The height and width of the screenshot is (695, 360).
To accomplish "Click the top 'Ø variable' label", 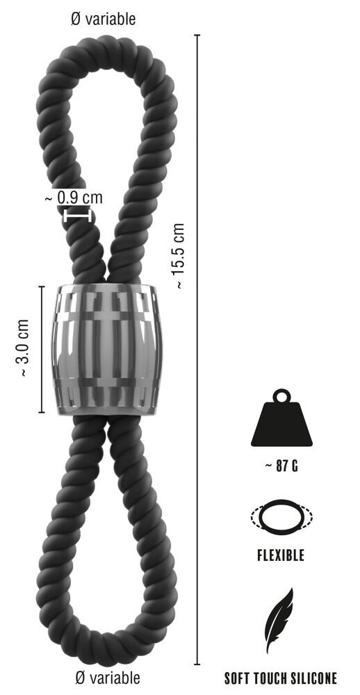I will [104, 18].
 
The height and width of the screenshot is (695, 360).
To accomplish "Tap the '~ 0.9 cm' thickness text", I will [74, 197].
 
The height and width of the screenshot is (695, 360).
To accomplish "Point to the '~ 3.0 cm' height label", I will [22, 349].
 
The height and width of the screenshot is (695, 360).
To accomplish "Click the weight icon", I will [281, 422].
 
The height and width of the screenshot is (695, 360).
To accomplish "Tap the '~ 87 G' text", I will [281, 466].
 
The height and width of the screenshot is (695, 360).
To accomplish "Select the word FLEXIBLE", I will [281, 556].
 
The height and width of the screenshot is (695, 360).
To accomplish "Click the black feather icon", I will [279, 620].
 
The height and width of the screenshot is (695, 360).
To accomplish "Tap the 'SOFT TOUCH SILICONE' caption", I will [281, 678].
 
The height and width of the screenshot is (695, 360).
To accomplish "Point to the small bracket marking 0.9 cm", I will [77, 215].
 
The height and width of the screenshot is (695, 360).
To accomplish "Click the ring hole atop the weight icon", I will [281, 397].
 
